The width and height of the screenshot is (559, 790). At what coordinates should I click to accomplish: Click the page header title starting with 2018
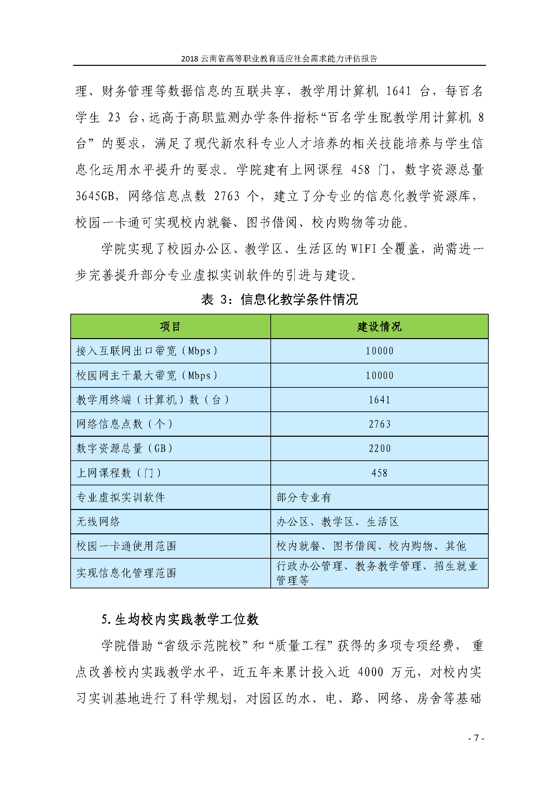tap(279, 58)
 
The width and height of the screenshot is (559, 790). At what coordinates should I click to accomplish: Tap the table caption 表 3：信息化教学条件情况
tap(279, 299)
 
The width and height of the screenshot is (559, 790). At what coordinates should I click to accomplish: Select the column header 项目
tap(170, 327)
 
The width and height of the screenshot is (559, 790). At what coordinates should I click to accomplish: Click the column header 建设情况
tap(379, 327)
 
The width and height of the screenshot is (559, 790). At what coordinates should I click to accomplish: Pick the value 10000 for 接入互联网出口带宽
tap(379, 351)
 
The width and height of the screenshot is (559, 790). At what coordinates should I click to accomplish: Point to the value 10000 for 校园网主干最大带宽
tap(379, 375)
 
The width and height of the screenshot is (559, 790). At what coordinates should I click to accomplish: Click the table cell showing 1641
tap(379, 400)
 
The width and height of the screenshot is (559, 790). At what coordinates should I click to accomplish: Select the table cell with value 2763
tap(379, 424)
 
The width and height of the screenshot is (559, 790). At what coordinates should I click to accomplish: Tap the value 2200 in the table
tap(379, 449)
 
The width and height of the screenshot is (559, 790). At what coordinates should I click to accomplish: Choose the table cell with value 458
tap(379, 473)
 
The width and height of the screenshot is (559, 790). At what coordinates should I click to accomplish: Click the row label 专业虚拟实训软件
tap(120, 498)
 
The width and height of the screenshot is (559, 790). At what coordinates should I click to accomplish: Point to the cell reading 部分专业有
tap(303, 498)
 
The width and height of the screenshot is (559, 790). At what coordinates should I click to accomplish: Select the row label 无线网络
tap(98, 522)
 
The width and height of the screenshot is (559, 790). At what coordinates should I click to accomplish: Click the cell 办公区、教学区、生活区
tap(337, 522)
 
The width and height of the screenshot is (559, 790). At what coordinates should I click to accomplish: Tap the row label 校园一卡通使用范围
tap(126, 546)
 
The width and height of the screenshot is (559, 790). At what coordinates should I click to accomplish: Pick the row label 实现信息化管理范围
tap(126, 573)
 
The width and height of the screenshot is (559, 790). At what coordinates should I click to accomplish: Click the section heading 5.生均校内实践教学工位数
tap(180, 619)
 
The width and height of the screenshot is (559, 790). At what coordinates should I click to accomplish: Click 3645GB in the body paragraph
tap(95, 196)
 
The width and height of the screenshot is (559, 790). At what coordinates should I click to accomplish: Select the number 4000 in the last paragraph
tap(370, 672)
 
